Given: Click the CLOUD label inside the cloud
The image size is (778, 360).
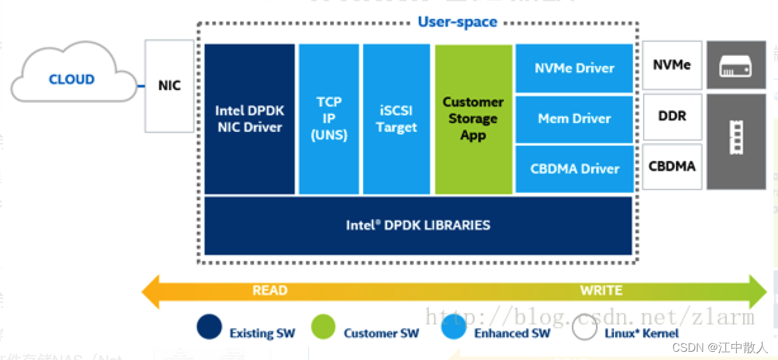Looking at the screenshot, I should pos(72,79).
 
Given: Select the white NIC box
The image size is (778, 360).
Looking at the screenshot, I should pos(169,86).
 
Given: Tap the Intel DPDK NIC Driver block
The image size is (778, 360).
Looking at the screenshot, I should pos(250,119).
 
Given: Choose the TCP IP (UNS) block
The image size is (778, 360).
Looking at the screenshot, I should pos(329,119).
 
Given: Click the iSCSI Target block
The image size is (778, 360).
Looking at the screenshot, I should pos(397,119).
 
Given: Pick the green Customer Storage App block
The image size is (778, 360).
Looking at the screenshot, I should pos(473,119).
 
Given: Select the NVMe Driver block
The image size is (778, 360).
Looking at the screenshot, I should pos(574,68).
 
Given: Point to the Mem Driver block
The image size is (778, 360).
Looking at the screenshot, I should pos(574,119).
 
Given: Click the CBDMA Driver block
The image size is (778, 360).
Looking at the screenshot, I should pos(574,169).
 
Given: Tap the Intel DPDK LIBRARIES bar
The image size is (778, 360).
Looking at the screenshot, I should pos(418,225).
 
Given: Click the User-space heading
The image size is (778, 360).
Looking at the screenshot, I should pos(457,22).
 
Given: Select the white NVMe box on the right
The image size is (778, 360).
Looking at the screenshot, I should pos(672,65).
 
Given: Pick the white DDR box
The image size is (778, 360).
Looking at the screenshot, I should pos(672,117).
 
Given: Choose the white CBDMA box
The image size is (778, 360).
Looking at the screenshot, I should pos(672,167).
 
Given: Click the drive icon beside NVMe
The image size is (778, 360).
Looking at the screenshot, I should pos(736,65).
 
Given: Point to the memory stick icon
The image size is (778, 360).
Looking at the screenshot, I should pos(736,141).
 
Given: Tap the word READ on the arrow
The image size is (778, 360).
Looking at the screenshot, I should pos(270,291).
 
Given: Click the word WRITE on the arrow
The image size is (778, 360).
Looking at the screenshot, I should pos(601,291).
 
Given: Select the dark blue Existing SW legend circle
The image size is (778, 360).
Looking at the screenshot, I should pos(210,328).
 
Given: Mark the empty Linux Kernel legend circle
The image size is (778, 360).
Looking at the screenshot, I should pos(584,328).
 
